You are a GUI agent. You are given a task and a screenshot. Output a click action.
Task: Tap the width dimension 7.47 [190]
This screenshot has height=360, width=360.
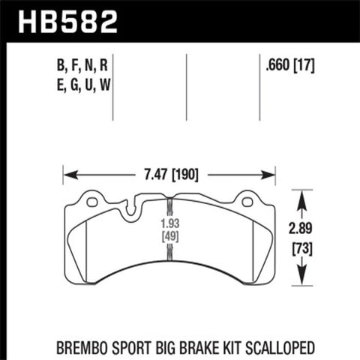169,175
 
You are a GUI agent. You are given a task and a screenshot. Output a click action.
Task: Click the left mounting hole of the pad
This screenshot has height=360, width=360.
92,201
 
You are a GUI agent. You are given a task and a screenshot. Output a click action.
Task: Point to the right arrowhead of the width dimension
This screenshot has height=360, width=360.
272,175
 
